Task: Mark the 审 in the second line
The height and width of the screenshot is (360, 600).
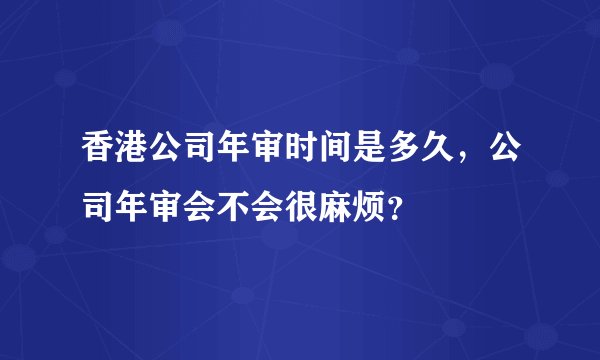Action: coord(157,208)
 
